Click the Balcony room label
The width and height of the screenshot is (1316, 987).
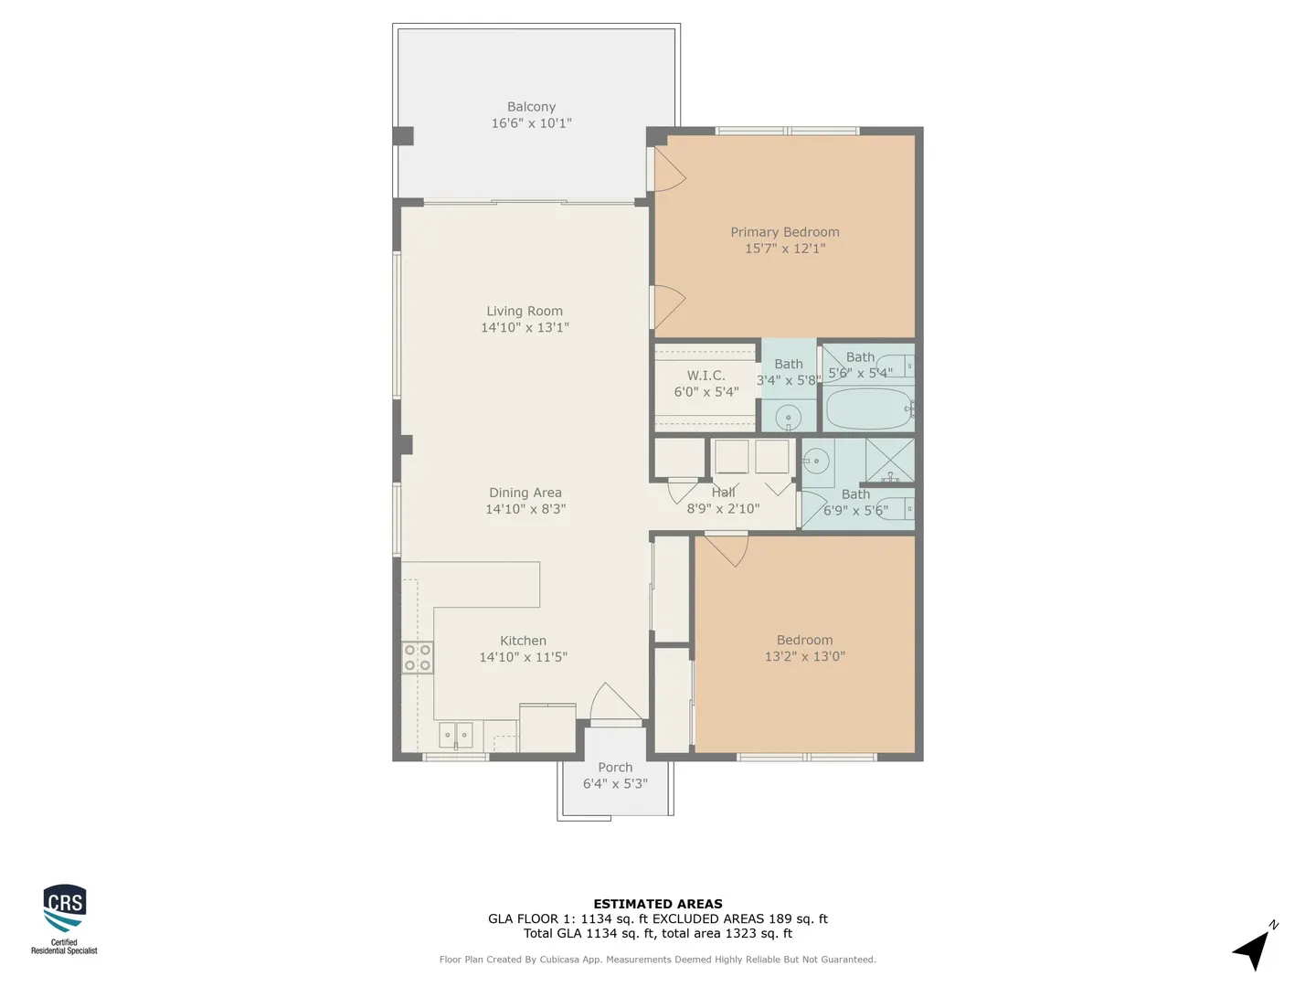531,107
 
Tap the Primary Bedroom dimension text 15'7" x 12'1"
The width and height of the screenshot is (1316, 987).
785,248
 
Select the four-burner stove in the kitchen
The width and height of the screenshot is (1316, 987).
418,657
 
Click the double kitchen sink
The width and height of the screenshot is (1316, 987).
456,736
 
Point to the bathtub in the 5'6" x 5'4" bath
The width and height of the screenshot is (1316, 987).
869,409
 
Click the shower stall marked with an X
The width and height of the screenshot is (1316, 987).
890,461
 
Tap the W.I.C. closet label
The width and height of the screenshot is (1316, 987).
706,376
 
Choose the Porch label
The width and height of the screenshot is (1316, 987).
615,767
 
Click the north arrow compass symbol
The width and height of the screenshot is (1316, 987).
1253,948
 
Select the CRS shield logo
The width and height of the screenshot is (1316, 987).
65,907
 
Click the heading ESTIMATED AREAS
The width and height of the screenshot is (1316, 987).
658,904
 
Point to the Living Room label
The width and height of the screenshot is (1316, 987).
525,311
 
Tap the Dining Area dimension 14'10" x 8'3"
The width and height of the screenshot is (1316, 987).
525,509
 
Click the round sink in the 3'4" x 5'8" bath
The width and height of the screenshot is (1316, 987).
789,417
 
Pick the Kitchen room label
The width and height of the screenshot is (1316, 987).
524,641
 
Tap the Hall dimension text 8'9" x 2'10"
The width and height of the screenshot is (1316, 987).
723,509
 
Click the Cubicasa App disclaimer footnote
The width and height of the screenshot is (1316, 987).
658,960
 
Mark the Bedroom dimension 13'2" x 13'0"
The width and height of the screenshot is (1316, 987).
804,656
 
